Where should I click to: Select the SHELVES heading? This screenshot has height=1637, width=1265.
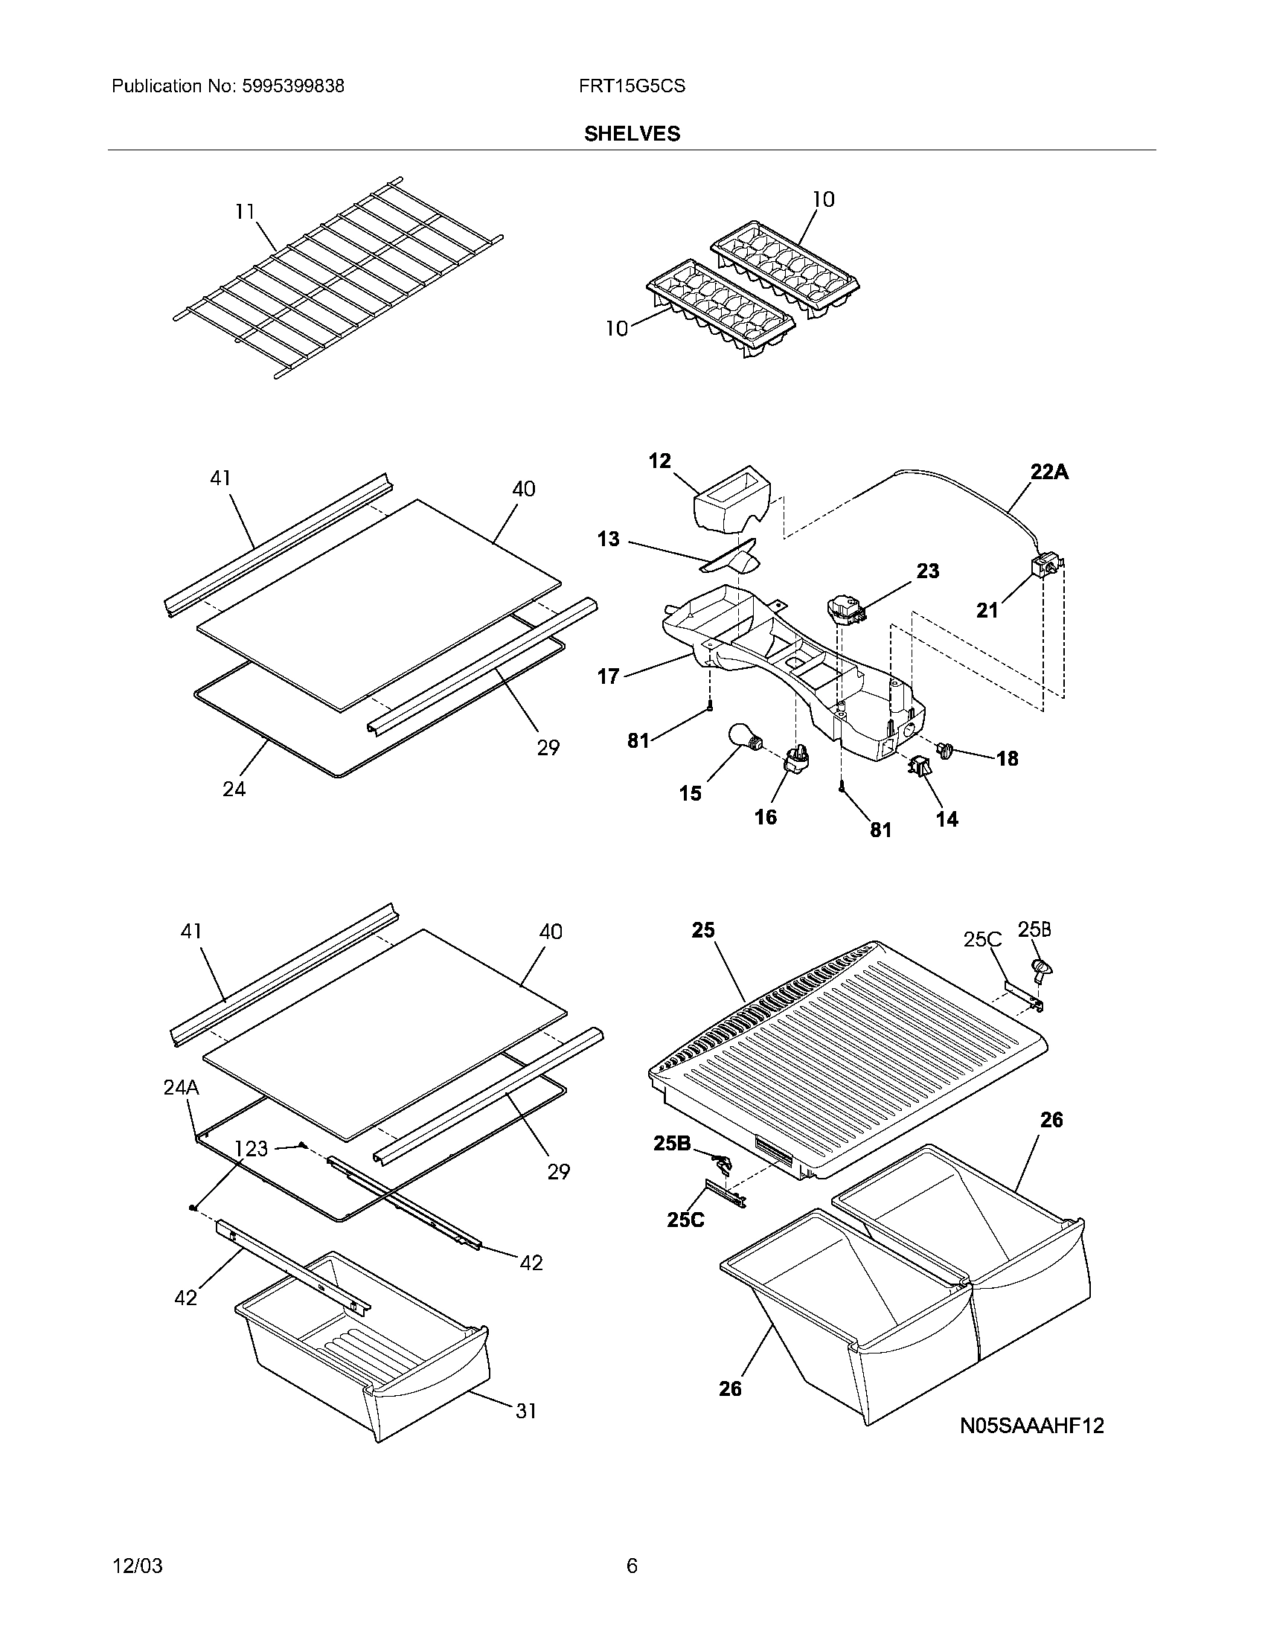tap(632, 133)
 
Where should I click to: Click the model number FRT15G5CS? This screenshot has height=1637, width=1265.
tap(631, 86)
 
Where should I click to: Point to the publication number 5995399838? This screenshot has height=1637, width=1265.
tap(293, 86)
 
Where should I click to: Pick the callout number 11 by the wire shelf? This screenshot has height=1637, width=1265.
tap(245, 212)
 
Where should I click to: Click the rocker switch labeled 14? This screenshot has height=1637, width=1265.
tap(918, 766)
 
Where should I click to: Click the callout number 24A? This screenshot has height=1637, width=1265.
tap(181, 1087)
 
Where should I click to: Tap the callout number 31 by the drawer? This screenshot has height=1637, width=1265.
tap(526, 1411)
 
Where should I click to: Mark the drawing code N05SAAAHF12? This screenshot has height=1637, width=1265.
tap(1032, 1426)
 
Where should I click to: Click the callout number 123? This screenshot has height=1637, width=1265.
tap(251, 1148)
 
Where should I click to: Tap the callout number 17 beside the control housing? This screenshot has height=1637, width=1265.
tap(608, 677)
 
